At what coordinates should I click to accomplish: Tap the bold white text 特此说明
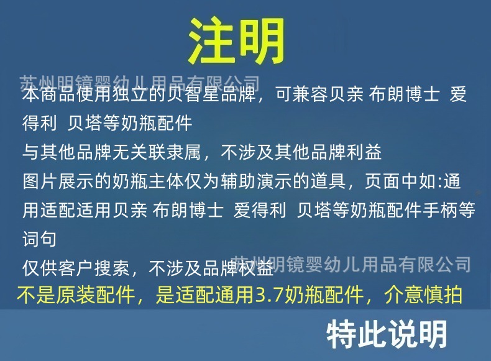coord(387,334)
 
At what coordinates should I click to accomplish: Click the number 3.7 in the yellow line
coord(269,295)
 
